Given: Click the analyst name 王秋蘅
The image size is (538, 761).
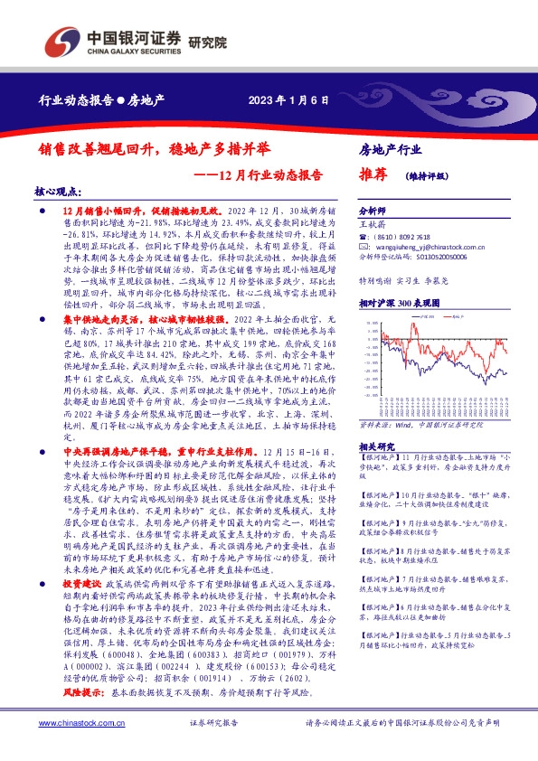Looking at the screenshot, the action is coord(372,221).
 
